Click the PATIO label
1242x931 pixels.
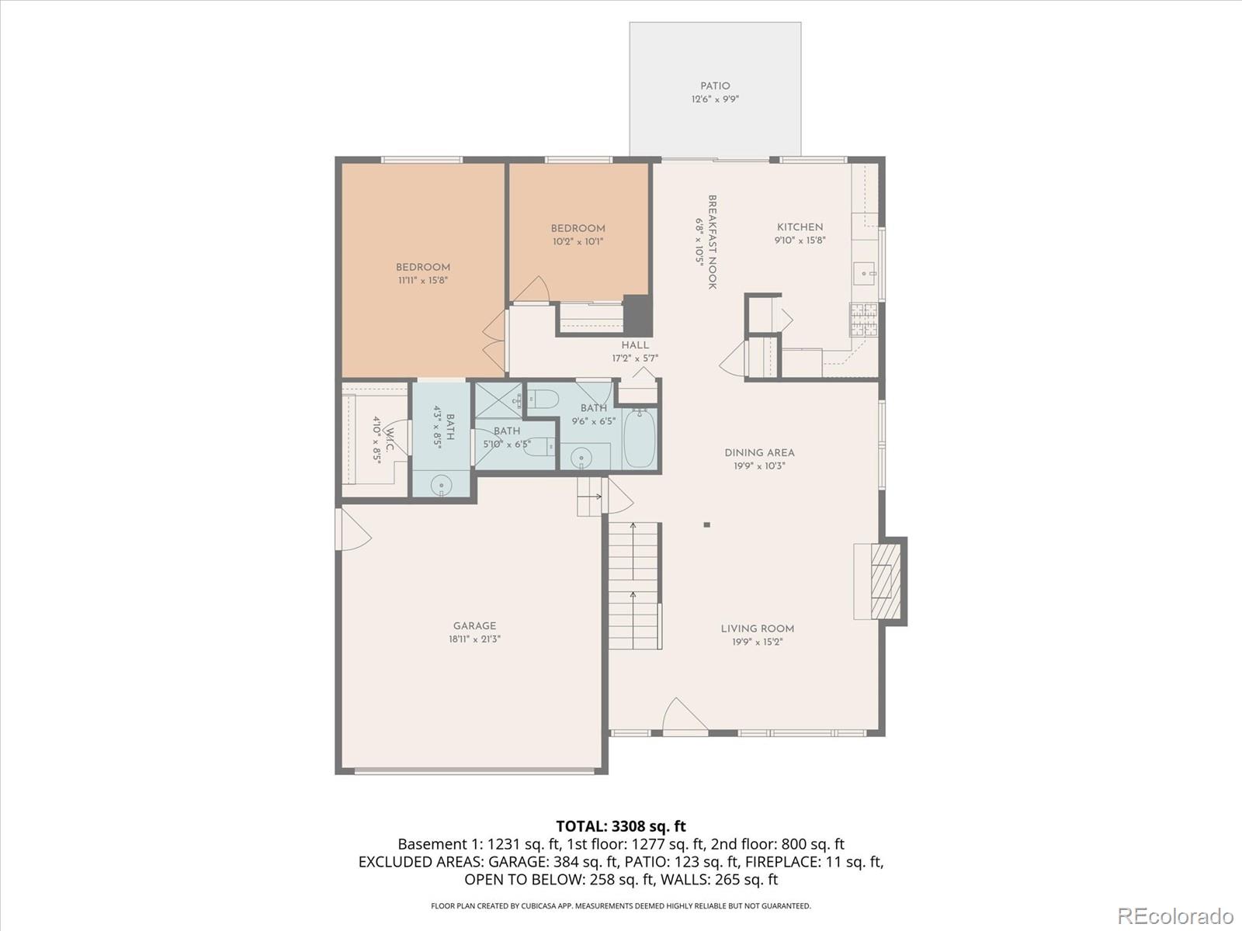[x=715, y=86]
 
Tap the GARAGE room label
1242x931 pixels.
[x=474, y=626]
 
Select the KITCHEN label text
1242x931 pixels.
[x=800, y=227]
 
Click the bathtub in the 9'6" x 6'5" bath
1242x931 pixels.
[x=640, y=438]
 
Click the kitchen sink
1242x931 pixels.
[x=865, y=274]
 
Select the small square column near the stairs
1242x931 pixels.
[x=706, y=524]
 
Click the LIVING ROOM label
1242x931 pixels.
[x=757, y=628]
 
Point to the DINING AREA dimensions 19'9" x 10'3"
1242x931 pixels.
[x=759, y=465]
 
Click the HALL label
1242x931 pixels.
[x=635, y=344]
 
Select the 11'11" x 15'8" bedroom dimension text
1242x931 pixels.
[x=423, y=280]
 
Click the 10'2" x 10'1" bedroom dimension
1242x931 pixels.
[x=578, y=241]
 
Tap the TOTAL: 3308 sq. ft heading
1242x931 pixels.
[x=621, y=826]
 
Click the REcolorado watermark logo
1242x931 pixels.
[x=1175, y=915]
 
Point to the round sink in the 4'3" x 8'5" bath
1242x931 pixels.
[x=442, y=485]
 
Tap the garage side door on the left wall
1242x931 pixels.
[x=352, y=529]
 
